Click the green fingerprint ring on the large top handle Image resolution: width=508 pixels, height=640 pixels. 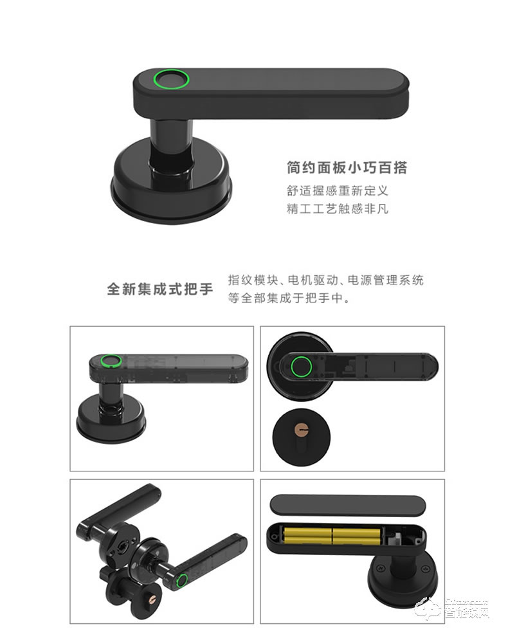(x=171, y=81)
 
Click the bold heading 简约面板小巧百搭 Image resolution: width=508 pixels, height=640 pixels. (x=347, y=168)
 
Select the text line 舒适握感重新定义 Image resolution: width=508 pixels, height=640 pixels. (x=338, y=191)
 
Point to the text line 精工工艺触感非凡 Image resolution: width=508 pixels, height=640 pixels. (x=338, y=209)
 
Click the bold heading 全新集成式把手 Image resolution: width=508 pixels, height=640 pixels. (x=159, y=289)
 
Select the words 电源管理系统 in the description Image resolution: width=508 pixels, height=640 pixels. (x=386, y=280)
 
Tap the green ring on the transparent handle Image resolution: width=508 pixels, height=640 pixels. (x=111, y=361)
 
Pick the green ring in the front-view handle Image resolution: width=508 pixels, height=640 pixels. (x=301, y=368)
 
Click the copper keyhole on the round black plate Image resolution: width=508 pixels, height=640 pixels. (x=302, y=427)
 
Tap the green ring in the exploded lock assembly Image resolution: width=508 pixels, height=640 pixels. (x=183, y=582)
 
